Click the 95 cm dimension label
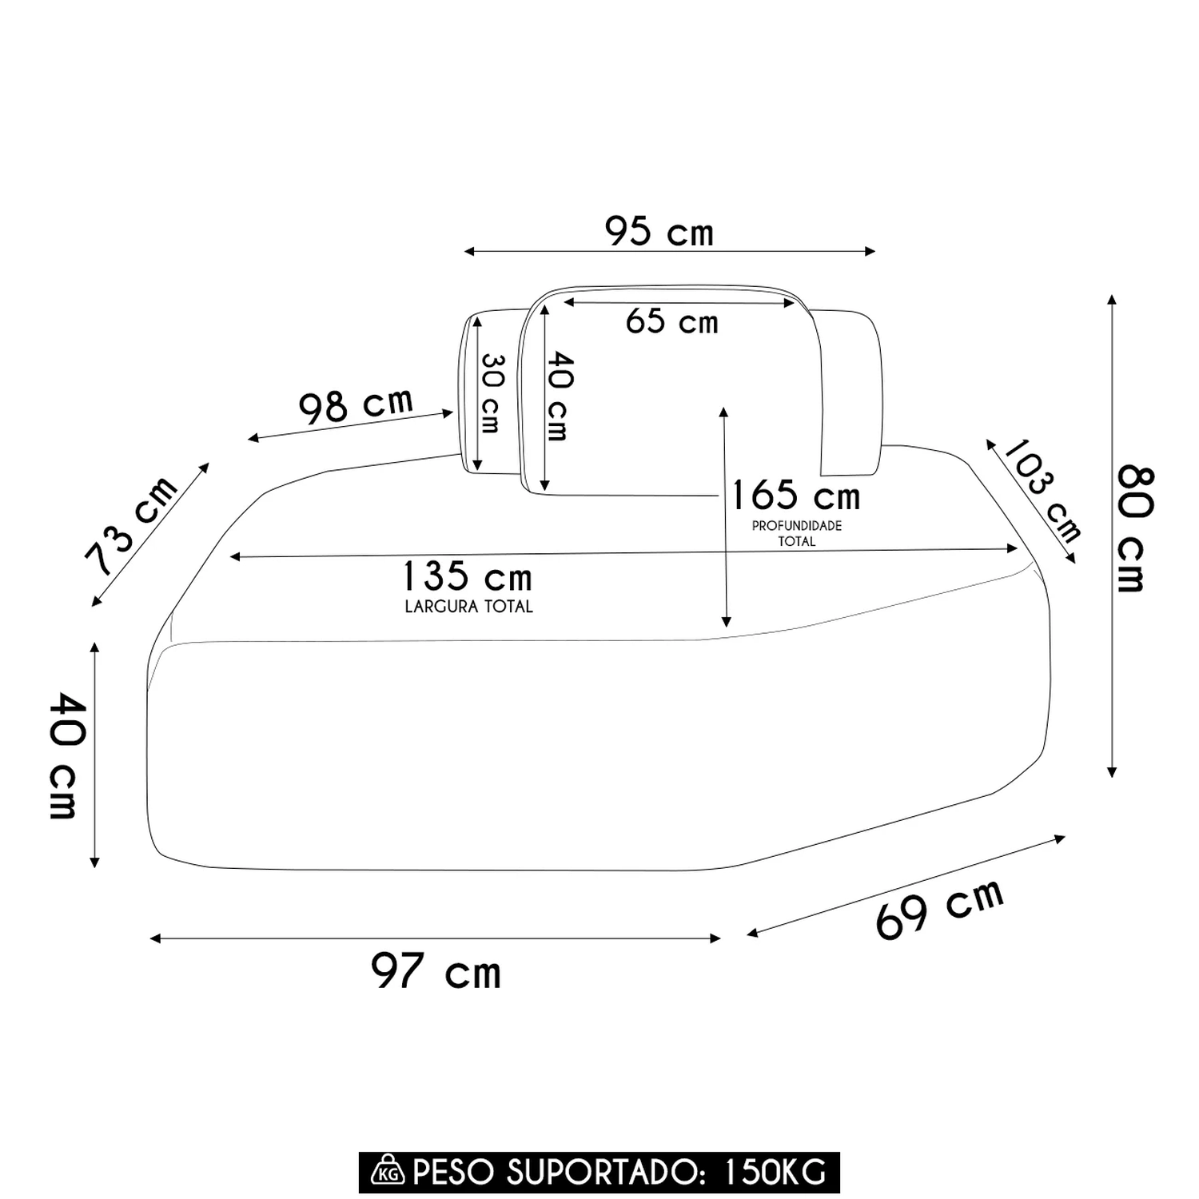[x=659, y=232]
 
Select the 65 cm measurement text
[x=671, y=321]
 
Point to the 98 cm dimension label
[x=356, y=405]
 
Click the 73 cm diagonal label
[x=132, y=524]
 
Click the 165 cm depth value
[x=795, y=496]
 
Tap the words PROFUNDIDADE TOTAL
[x=797, y=533]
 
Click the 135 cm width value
[x=467, y=576]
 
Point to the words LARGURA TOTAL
[x=468, y=607]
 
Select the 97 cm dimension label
[x=436, y=971]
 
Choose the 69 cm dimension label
[x=940, y=909]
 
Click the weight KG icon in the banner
[x=388, y=1171]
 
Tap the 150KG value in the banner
[x=774, y=1172]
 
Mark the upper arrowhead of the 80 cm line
[x=1111, y=300]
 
